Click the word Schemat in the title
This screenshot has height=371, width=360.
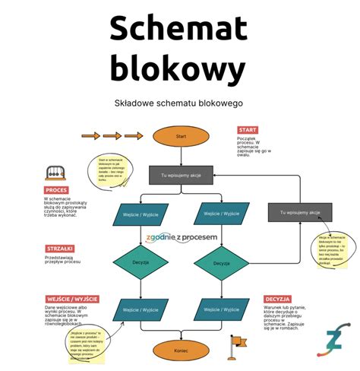click(x=179, y=29)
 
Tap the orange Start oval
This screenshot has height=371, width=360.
click(x=181, y=137)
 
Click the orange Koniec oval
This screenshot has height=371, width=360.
click(x=181, y=350)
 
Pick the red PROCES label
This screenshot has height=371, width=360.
click(x=56, y=190)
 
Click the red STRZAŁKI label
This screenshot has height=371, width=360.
click(x=59, y=249)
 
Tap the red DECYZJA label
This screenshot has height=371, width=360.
click(x=277, y=300)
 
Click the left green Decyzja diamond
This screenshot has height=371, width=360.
click(x=139, y=262)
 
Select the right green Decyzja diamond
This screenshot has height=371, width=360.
click(x=221, y=263)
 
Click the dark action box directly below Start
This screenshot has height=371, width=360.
click(x=181, y=175)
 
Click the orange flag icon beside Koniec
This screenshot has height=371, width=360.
click(x=236, y=347)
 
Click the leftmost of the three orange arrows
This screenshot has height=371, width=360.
click(x=90, y=136)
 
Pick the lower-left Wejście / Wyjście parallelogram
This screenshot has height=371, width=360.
click(x=140, y=310)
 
